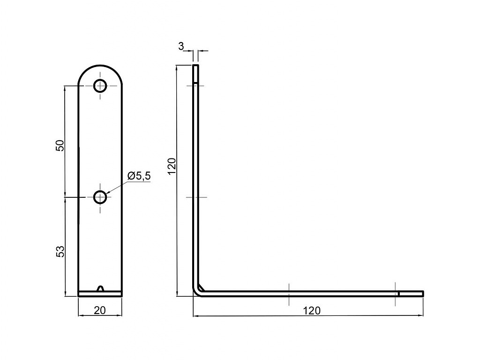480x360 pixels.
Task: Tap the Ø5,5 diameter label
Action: [x=139, y=176]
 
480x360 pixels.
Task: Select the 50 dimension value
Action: [x=60, y=145]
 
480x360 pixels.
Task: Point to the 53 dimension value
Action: [x=60, y=251]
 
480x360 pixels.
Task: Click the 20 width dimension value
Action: [x=100, y=310]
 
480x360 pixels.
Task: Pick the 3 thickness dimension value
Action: [x=181, y=46]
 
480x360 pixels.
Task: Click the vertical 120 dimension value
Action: [x=172, y=166]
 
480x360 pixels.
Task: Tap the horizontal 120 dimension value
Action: [x=312, y=311]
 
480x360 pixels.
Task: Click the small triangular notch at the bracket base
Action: [x=100, y=288]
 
